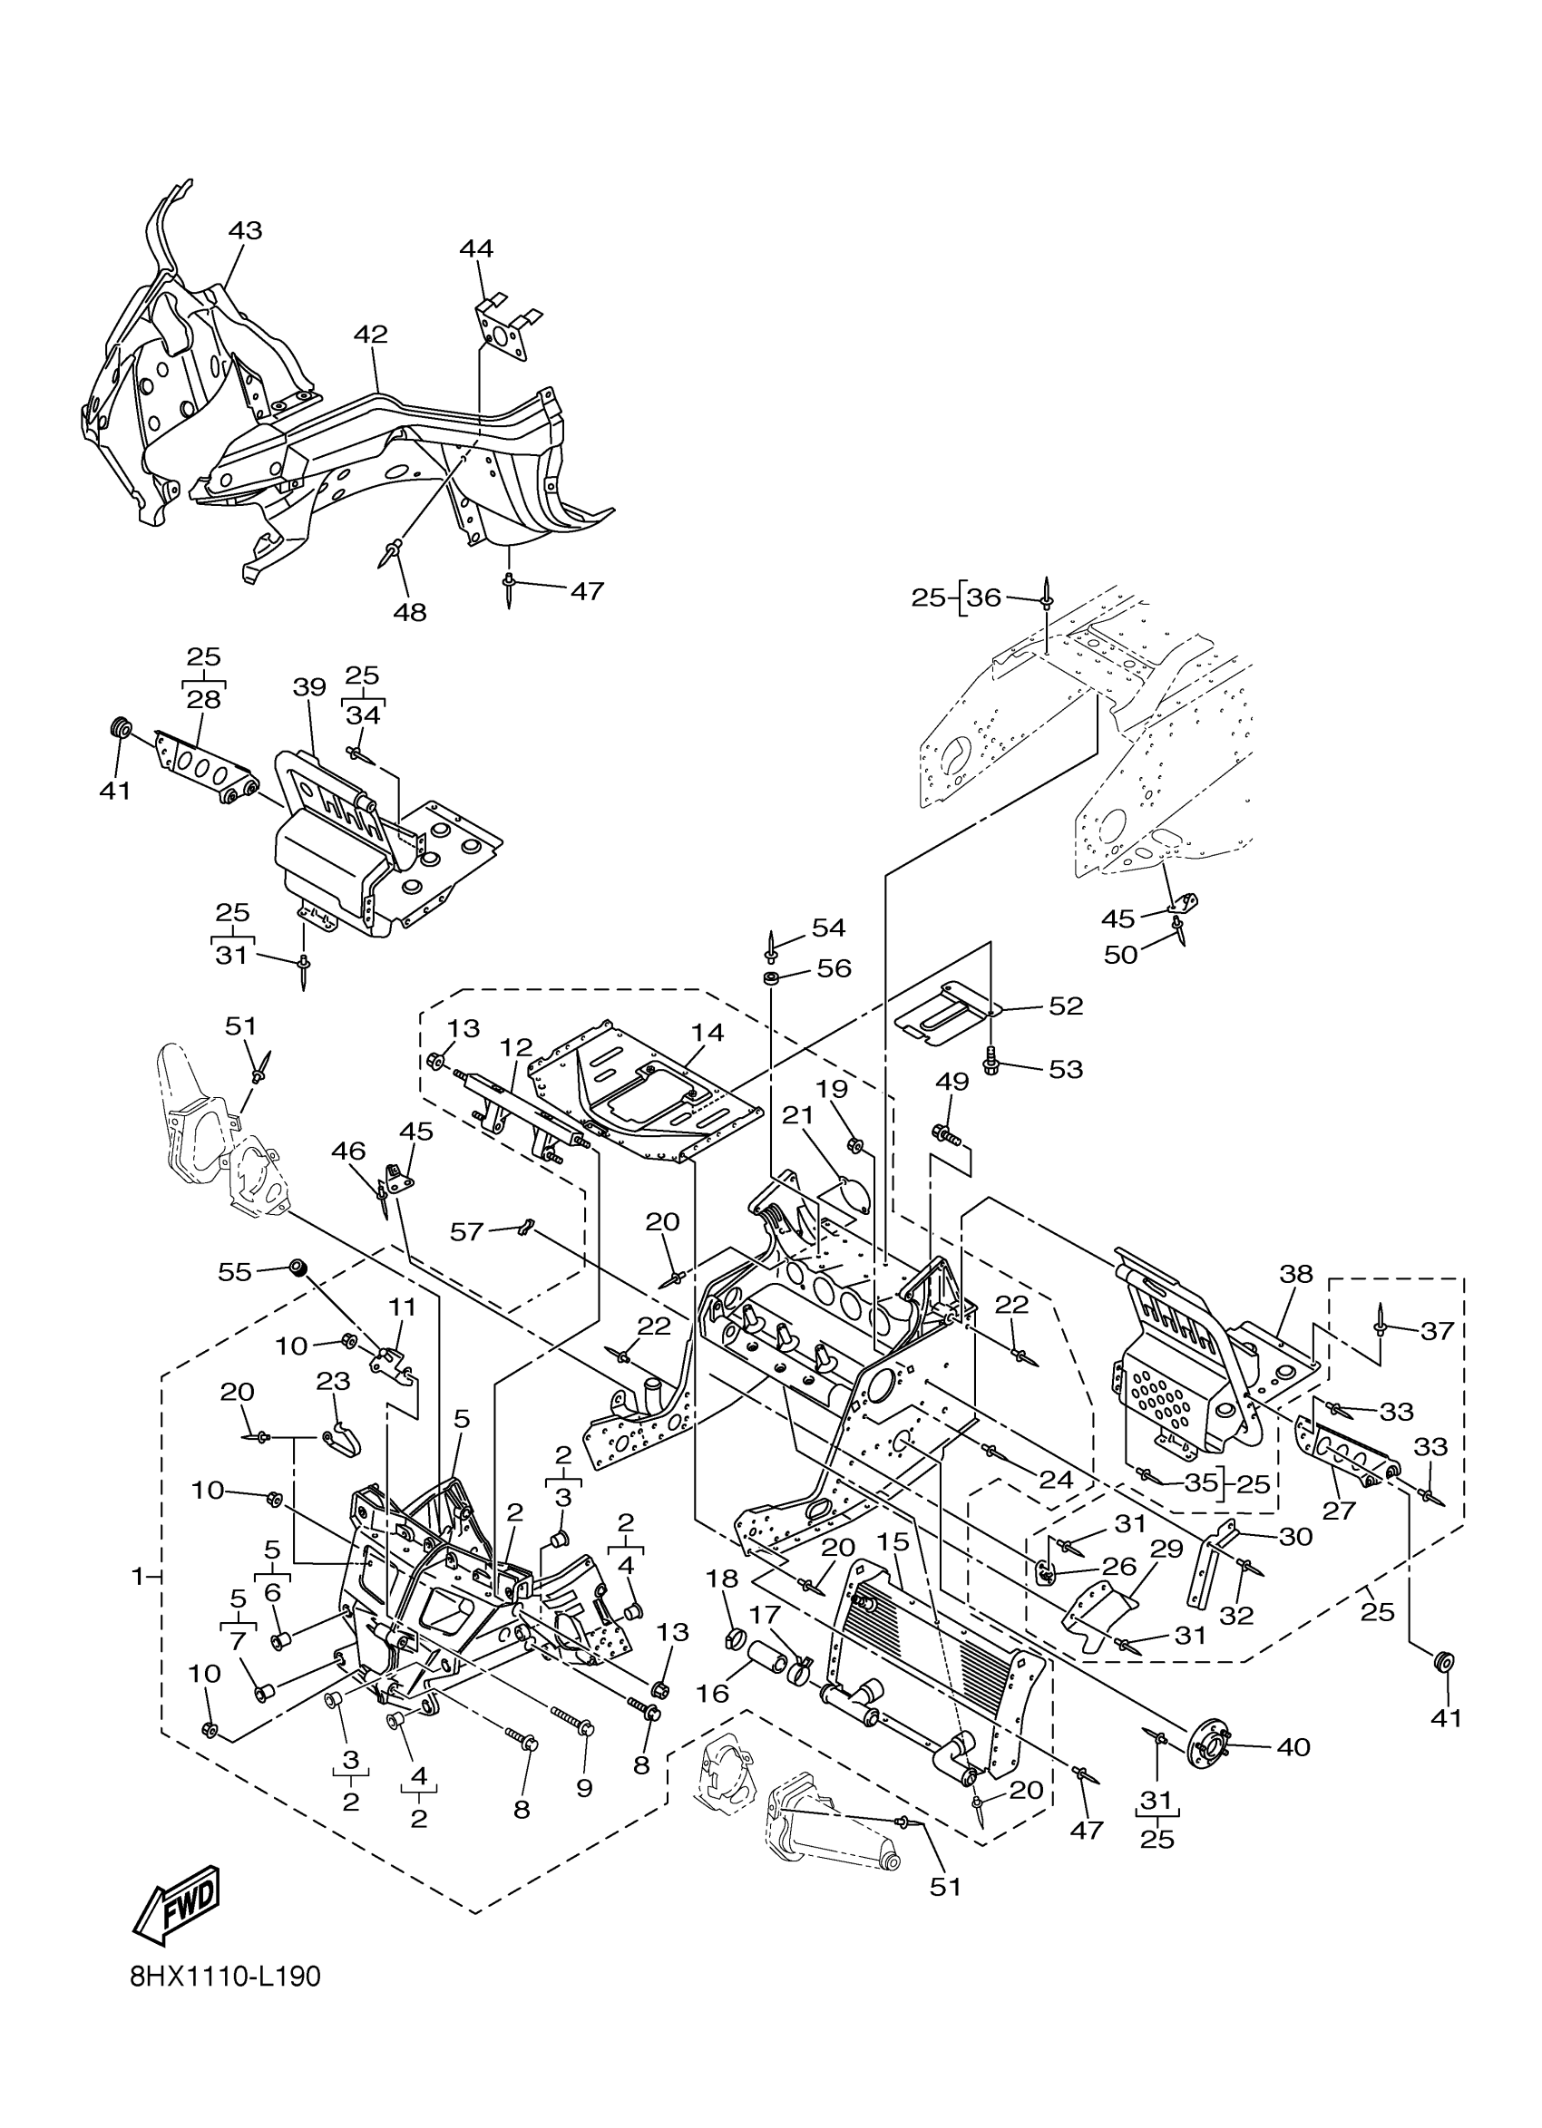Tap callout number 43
(x=245, y=231)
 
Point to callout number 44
(x=477, y=248)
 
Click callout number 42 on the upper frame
(x=371, y=334)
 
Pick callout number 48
(x=410, y=613)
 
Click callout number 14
(x=708, y=1032)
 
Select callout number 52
(x=1065, y=1006)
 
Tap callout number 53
(x=1065, y=1069)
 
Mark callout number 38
(x=1296, y=1273)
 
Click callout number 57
(x=467, y=1231)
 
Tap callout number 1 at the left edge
(x=137, y=1578)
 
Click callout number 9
(x=584, y=1787)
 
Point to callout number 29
(x=1166, y=1550)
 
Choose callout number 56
(x=834, y=968)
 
